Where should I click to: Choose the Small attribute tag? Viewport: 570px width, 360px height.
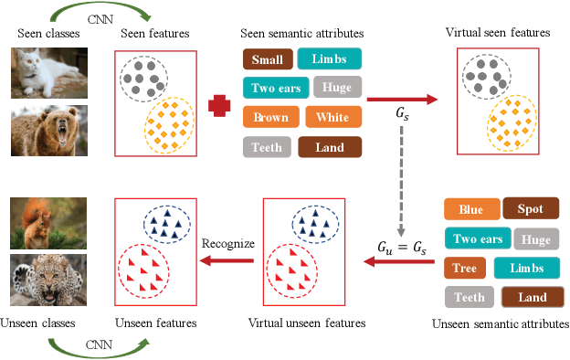[267, 59]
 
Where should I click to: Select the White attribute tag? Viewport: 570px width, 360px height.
[332, 117]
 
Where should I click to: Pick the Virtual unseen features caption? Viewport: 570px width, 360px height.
[307, 323]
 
